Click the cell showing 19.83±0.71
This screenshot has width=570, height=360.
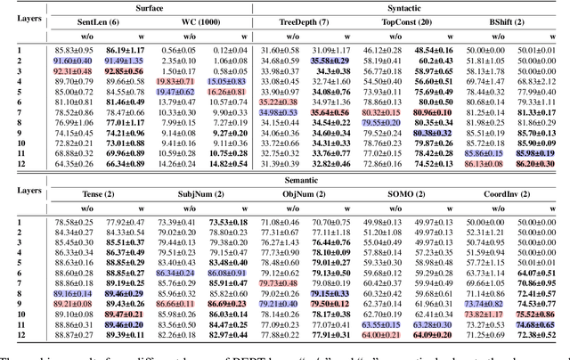176,80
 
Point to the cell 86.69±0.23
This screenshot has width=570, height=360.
227,304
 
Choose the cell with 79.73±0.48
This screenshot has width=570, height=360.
279,282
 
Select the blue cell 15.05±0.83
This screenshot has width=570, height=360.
227,80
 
